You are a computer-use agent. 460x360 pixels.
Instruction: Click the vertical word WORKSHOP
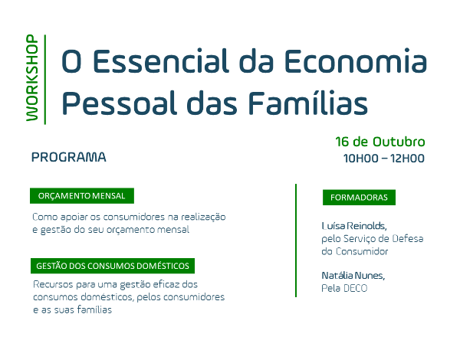tap(31, 77)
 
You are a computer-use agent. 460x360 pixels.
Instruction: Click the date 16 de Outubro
tap(379, 142)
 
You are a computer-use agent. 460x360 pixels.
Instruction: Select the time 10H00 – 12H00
tap(383, 159)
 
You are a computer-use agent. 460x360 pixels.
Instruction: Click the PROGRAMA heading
tap(69, 158)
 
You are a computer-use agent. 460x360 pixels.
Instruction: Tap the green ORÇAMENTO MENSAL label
tap(82, 196)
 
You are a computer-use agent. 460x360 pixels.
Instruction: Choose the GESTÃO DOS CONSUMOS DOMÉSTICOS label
tap(112, 267)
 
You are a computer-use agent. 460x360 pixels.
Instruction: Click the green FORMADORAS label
tap(359, 198)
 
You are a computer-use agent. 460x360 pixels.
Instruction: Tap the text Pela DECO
tap(344, 288)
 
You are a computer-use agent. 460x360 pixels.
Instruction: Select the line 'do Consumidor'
tap(355, 251)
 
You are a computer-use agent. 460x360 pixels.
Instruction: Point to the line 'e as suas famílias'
tap(72, 310)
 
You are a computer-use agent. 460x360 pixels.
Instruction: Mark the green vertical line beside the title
tap(46, 79)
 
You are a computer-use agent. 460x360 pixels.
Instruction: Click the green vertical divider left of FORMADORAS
tap(296, 240)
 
